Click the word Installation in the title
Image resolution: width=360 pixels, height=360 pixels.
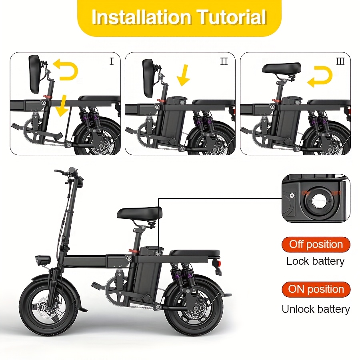142,17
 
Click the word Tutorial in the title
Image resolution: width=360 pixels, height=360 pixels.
232,17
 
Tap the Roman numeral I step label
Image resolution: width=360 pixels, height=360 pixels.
112,62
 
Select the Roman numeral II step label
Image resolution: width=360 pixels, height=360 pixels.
224,62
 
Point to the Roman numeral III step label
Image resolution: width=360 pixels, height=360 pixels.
340,62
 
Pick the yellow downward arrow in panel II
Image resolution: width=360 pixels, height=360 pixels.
184,75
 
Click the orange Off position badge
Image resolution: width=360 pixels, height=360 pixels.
316,244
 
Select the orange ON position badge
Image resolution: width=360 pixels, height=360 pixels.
316,289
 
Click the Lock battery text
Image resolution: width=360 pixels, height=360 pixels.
316,261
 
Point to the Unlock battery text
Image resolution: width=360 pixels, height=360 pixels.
316,309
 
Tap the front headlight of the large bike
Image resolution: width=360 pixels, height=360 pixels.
43,260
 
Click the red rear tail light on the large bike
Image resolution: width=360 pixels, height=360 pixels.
218,263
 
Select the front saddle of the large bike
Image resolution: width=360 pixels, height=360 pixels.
139,213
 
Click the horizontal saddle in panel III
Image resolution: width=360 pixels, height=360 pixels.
282,68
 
